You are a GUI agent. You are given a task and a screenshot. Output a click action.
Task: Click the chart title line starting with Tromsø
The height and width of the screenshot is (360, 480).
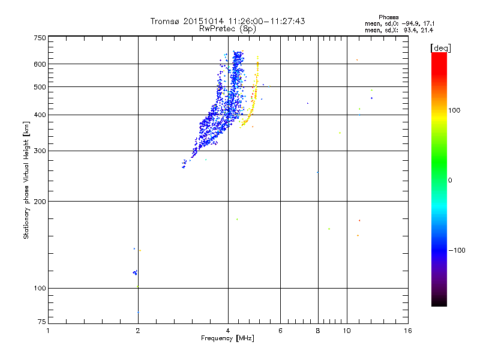pyautogui.click(x=227, y=21)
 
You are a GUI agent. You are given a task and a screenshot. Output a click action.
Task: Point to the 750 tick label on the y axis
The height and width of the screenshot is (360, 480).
pyautogui.click(x=40, y=37)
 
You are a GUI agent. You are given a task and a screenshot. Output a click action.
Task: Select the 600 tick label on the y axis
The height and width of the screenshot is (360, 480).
pyautogui.click(x=40, y=64)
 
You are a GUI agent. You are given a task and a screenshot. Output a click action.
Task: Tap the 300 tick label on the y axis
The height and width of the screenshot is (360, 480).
pyautogui.click(x=40, y=151)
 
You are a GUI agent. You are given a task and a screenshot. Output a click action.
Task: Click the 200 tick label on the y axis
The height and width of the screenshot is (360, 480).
pyautogui.click(x=40, y=201)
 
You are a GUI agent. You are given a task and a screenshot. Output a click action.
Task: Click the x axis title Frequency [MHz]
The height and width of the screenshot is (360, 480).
pyautogui.click(x=227, y=338)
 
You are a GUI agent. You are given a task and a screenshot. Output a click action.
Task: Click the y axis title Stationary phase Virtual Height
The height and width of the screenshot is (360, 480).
pyautogui.click(x=26, y=180)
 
